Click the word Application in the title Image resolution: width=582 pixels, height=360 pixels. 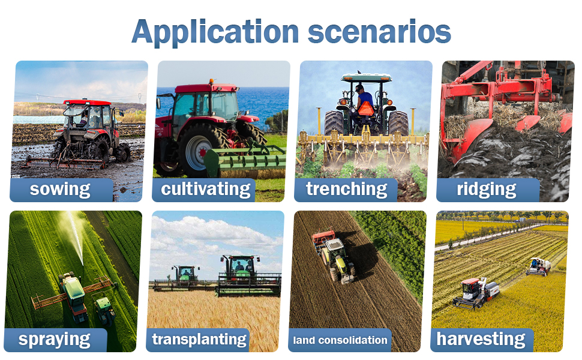[x=215, y=32]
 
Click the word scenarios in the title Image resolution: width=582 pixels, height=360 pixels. [x=379, y=32]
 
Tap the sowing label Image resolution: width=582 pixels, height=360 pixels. [x=60, y=189]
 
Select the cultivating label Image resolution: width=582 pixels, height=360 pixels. [x=206, y=189]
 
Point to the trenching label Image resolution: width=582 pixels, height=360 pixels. [x=347, y=189]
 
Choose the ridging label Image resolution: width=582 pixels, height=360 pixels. [x=486, y=189]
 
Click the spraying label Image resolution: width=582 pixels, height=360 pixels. [x=54, y=340]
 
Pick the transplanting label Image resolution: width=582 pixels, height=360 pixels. [x=199, y=340]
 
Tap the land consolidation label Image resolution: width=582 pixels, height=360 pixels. [x=340, y=340]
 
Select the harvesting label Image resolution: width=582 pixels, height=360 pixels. [x=481, y=339]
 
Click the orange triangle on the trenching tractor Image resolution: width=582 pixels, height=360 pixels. [x=365, y=109]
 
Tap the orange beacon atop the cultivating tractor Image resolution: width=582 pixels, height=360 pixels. [x=212, y=81]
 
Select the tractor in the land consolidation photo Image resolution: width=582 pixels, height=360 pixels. [x=334, y=256]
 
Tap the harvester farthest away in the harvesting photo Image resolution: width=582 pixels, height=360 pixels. [x=539, y=266]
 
